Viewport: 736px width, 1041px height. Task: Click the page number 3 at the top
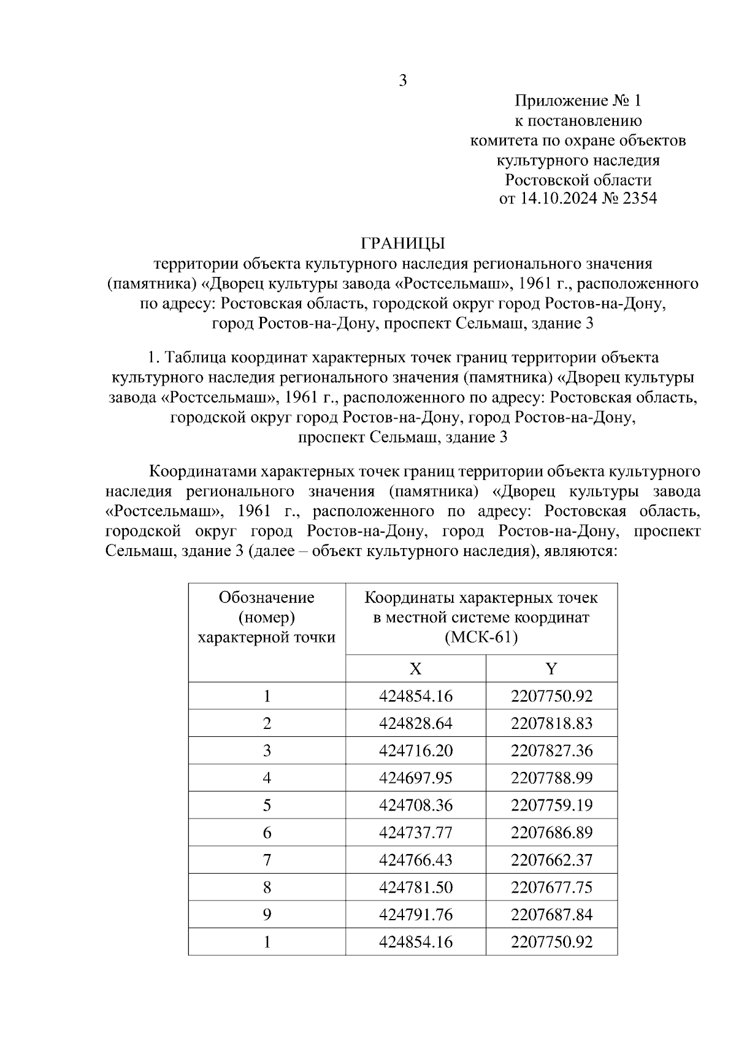click(403, 81)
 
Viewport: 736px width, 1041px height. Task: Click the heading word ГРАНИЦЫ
click(402, 243)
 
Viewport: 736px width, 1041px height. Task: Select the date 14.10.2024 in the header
click(559, 199)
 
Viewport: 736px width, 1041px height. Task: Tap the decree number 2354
click(639, 199)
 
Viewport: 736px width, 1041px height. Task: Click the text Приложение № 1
click(577, 101)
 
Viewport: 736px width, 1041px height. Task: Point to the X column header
click(415, 668)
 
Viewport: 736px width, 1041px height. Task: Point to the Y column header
click(551, 668)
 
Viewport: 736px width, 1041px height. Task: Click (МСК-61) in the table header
click(481, 638)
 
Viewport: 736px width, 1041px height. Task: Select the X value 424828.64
click(415, 723)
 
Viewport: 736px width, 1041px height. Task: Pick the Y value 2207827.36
click(551, 751)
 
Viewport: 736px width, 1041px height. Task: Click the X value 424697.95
click(415, 778)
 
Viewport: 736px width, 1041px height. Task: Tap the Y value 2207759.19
click(551, 805)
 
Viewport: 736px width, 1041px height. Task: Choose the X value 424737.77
click(415, 833)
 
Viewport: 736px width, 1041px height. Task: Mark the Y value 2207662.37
click(551, 860)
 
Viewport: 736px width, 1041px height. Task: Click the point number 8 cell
click(267, 887)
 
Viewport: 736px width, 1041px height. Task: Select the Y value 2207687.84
click(551, 915)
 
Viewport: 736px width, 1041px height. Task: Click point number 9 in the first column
click(267, 915)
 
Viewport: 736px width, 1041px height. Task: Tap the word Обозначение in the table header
click(266, 597)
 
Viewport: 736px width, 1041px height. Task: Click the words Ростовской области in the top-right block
click(577, 180)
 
